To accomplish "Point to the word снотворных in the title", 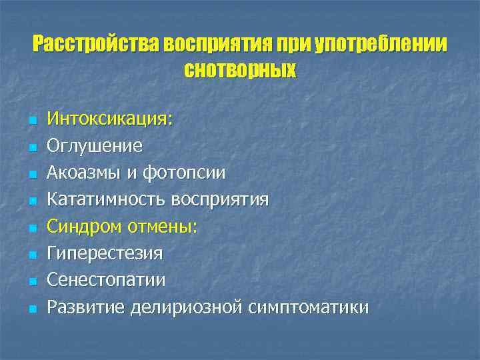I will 239,69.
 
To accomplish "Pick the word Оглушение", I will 94,145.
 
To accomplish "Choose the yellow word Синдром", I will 80,227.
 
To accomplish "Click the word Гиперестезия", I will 105,254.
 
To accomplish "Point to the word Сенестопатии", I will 106,281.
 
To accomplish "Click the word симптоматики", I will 308,307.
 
